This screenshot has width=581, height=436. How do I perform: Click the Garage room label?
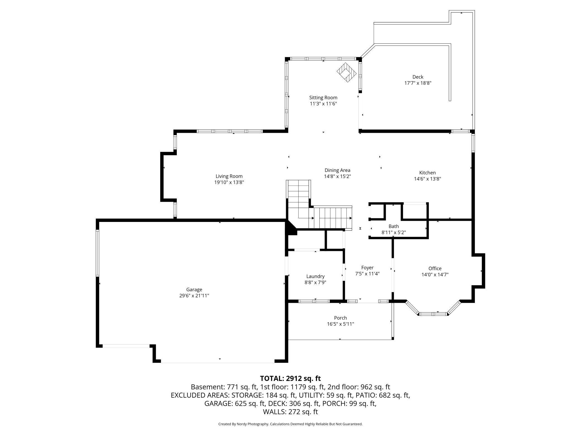tap(194, 290)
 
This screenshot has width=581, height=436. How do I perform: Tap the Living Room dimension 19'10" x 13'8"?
tap(229, 183)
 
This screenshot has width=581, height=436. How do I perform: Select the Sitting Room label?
tap(323, 98)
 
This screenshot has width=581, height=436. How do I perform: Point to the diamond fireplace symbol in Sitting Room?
tap(347, 72)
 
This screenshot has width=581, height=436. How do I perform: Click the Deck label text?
tap(418, 77)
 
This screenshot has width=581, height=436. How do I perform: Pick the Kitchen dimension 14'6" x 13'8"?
tap(427, 179)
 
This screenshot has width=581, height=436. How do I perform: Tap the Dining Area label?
tap(337, 170)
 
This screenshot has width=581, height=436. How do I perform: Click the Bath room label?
tap(394, 226)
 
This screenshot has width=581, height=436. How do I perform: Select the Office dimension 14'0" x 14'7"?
tap(435, 275)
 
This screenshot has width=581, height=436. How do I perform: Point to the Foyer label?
tap(367, 268)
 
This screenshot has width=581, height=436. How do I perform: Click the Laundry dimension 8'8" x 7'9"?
tap(315, 283)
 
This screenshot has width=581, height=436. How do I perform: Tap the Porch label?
tap(340, 318)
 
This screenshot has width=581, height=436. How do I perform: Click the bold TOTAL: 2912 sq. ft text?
tap(290, 378)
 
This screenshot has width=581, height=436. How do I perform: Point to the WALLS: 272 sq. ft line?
tap(290, 412)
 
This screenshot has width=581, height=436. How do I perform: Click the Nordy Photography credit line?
tap(290, 424)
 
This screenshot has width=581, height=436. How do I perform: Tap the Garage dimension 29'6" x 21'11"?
tap(194, 296)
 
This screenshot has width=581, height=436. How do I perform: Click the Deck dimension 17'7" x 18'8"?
tap(418, 83)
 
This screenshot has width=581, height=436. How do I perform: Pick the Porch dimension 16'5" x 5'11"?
tap(340, 324)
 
